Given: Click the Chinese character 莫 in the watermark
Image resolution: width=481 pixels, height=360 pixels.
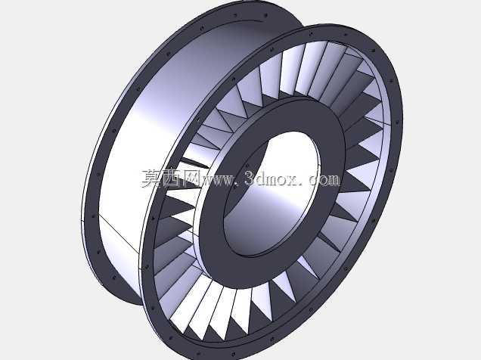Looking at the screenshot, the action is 152,178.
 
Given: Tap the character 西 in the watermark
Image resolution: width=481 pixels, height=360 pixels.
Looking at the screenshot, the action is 172,178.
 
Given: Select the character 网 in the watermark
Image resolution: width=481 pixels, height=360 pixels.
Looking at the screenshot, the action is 191,178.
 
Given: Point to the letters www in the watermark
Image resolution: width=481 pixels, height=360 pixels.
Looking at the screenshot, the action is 217,180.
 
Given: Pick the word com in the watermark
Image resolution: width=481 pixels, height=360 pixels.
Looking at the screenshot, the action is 324,180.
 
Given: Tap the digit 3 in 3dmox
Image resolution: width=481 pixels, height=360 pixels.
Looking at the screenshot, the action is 250,178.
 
